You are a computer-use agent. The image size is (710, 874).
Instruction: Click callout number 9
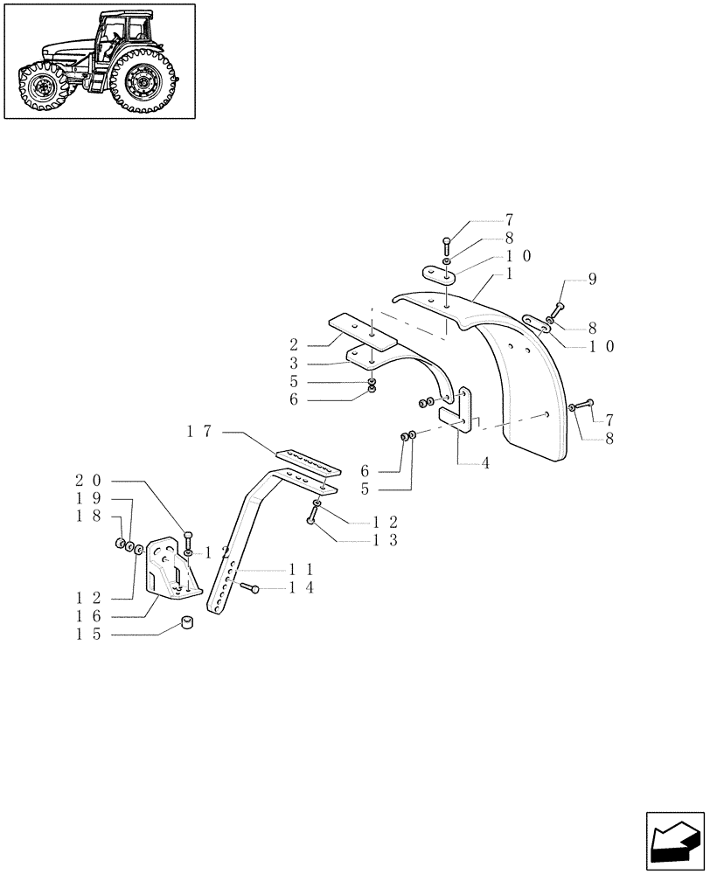click(x=592, y=279)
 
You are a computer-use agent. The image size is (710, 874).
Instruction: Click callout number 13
click(x=388, y=541)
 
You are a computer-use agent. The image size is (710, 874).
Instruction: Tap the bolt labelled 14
click(x=248, y=590)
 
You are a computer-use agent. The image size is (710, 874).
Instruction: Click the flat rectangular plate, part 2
click(x=361, y=331)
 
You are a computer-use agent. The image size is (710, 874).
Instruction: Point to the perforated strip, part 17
click(x=306, y=461)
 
